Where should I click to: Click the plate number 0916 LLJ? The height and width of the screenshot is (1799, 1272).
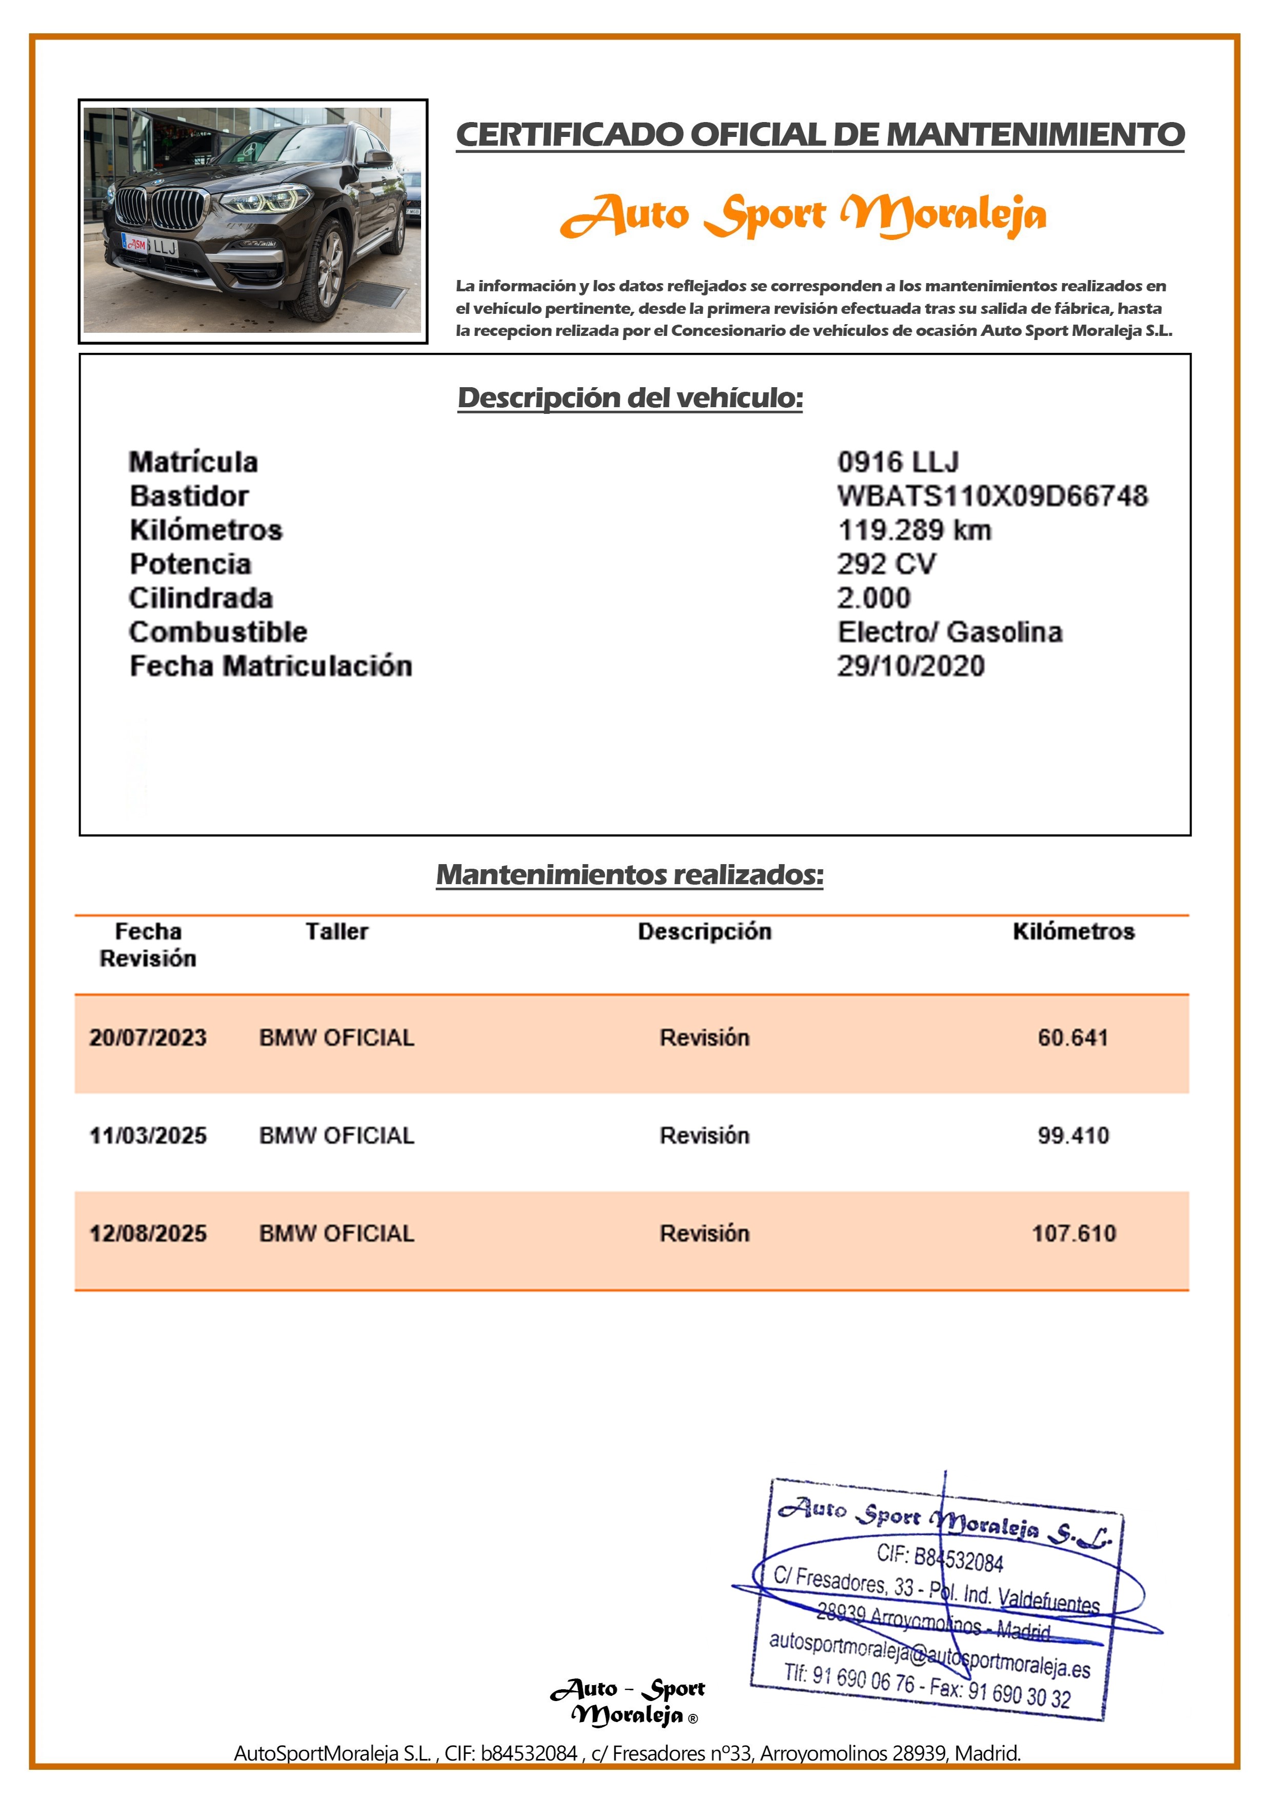pyautogui.click(x=898, y=462)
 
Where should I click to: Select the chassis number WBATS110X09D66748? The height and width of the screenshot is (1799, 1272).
pyautogui.click(x=992, y=496)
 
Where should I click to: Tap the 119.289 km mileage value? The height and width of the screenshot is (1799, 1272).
pyautogui.click(x=915, y=530)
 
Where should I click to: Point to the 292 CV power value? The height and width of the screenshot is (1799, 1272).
pyautogui.click(x=886, y=564)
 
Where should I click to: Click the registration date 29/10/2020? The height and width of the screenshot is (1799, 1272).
pyautogui.click(x=911, y=666)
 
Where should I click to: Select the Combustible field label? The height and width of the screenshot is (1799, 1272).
pyautogui.click(x=218, y=632)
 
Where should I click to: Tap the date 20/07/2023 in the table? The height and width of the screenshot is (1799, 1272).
pyautogui.click(x=148, y=1037)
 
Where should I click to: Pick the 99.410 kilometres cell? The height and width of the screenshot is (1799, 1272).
pyautogui.click(x=1073, y=1135)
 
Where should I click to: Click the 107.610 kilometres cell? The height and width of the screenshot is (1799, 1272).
pyautogui.click(x=1073, y=1233)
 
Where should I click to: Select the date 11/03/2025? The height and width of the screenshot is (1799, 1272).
pyautogui.click(x=148, y=1135)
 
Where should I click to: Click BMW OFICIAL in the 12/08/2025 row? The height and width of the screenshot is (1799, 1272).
pyautogui.click(x=336, y=1233)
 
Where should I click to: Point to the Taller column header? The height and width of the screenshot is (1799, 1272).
pyautogui.click(x=336, y=932)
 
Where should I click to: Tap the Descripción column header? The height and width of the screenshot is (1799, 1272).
pyautogui.click(x=705, y=932)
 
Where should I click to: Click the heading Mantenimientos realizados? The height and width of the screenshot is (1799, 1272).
pyautogui.click(x=630, y=874)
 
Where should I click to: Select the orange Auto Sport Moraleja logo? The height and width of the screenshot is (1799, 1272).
pyautogui.click(x=803, y=215)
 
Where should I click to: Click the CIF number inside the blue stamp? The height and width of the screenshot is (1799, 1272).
pyautogui.click(x=940, y=1557)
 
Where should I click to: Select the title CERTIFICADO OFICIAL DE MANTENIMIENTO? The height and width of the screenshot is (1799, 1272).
pyautogui.click(x=820, y=135)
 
